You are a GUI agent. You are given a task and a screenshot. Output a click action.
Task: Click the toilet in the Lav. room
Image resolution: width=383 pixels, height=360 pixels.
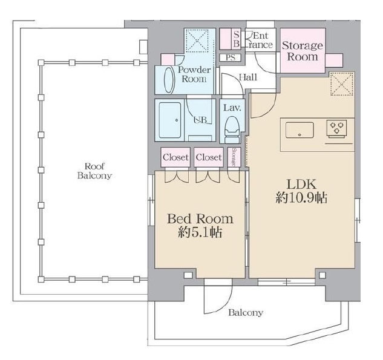pos(232,129)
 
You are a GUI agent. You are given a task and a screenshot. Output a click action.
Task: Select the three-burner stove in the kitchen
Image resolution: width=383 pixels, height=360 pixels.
pos(336,128)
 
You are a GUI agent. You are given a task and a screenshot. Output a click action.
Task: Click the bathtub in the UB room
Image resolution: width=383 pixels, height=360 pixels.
pos(170,120)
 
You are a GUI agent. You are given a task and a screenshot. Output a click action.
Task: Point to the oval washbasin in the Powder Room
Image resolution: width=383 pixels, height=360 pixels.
pos(169,80)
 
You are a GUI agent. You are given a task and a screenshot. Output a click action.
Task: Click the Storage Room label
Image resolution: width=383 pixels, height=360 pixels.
pos(303,51)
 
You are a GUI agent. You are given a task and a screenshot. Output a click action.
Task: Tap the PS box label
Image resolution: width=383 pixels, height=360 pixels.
pos(231,57)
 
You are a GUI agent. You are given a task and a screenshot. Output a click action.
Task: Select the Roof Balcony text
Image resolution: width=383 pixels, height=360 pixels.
pos(94,171)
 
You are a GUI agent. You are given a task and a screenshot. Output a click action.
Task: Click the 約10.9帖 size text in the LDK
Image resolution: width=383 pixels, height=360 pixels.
pos(301,198)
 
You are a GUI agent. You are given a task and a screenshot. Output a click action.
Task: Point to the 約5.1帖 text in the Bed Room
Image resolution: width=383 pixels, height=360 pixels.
pos(200,232)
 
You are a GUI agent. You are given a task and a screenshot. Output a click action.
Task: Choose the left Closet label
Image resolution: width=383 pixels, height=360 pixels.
pos(175,157)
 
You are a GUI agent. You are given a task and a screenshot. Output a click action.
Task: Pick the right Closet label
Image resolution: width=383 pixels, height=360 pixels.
pos(209,157)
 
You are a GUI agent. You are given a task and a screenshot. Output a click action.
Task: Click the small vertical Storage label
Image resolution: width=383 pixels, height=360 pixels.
pos(234,157)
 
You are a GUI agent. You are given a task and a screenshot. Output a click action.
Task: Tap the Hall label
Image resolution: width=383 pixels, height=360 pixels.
pos(248,77)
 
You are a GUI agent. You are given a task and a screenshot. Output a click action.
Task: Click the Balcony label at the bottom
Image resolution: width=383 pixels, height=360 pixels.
pos(246,313)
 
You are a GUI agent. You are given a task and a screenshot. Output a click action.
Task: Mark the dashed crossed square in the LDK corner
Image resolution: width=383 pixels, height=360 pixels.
pos(342,84)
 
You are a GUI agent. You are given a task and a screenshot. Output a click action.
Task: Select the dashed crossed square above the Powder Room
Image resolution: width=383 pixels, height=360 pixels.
pos(197,41)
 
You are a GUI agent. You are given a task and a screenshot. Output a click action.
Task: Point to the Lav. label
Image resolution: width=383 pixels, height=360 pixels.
pos(232,108)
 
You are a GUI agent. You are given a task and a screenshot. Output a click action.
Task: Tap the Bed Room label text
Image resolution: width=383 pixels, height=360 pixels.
pos(200,219)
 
